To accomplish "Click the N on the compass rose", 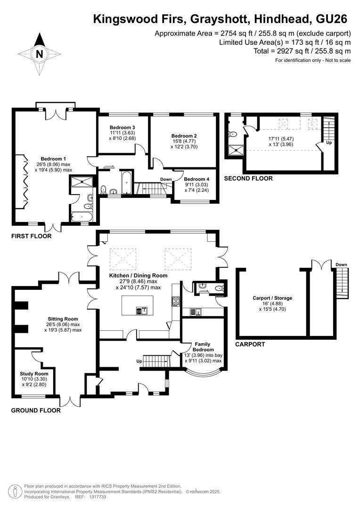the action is (39, 54).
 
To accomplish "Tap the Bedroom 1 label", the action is (53, 159).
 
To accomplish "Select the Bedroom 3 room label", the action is (122, 128).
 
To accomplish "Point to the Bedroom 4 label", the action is (196, 179).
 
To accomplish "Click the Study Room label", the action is (34, 374).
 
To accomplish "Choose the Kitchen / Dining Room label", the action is (138, 275).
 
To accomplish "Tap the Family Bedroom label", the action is (203, 347).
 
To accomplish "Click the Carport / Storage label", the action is (272, 298).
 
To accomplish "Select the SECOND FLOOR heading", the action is (248, 178).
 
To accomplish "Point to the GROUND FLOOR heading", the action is (36, 410).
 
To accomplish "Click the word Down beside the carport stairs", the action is (341, 264).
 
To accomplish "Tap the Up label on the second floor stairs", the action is (329, 143).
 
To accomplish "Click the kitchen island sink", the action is (141, 311).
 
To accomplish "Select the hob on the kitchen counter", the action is (176, 301).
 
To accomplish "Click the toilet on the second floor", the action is (232, 134).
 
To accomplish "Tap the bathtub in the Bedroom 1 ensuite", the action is (82, 216).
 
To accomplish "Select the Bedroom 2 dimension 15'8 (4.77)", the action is (184, 141).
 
